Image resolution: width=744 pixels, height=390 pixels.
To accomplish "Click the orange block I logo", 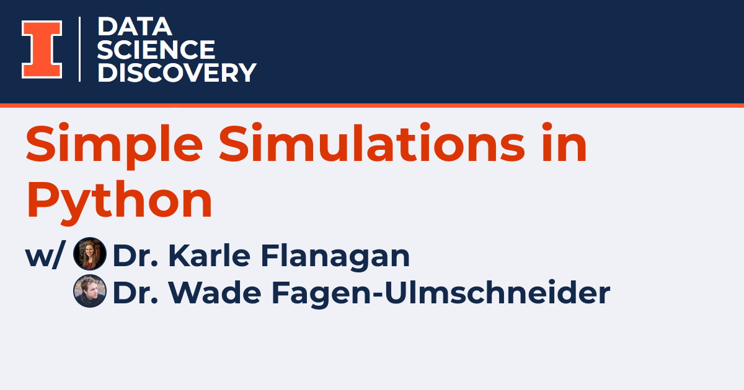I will [42, 50].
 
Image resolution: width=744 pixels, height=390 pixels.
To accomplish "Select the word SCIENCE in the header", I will [156, 50].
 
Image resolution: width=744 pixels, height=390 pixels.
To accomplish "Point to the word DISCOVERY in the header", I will [177, 72].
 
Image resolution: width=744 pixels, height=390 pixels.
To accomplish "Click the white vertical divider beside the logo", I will [80, 49].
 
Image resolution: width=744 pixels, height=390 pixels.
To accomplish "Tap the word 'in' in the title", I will [565, 144].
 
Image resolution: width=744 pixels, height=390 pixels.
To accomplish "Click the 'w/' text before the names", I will [43, 256].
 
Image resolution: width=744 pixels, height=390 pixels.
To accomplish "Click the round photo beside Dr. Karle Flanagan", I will [90, 254].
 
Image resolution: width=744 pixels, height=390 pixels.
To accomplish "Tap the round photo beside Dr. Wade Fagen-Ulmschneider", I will [90, 291].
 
